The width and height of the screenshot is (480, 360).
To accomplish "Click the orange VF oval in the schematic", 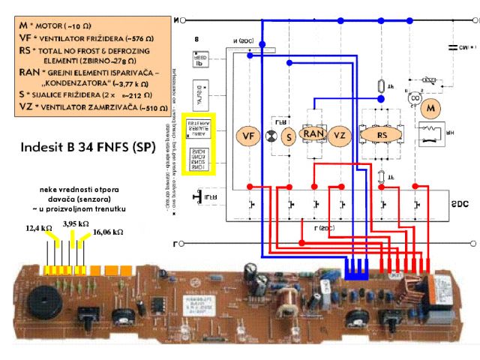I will click(247, 136).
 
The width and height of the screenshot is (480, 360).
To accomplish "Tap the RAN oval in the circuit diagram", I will click(314, 133).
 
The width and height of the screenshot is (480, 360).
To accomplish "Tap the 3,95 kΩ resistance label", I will click(76, 223).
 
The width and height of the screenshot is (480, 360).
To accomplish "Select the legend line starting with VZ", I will click(88, 107).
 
